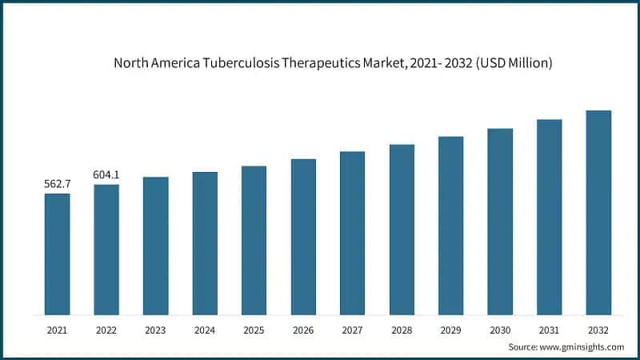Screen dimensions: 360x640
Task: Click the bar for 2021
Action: point(57,254)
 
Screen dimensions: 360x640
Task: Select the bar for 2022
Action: point(106,250)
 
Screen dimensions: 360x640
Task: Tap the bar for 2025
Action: point(254,240)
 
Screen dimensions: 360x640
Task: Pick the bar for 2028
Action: point(402,230)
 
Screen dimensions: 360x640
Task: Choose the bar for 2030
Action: point(500,222)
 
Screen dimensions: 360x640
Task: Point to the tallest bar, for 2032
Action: point(598,212)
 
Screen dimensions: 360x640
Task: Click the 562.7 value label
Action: point(57,184)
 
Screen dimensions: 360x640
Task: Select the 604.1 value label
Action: point(106,175)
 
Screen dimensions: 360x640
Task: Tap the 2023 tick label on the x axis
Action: point(155,330)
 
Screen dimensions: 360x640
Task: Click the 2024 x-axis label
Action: point(205,330)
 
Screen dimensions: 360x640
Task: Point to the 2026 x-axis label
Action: point(303,330)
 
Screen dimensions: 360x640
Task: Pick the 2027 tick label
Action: point(352,330)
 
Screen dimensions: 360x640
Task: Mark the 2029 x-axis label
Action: point(450,330)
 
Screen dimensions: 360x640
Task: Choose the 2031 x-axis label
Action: point(549,330)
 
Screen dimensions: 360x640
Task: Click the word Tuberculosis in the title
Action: point(244,62)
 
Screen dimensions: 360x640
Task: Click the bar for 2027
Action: point(352,233)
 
